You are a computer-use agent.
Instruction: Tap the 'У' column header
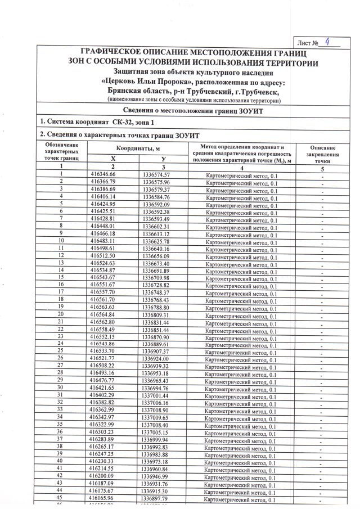[x=163, y=159]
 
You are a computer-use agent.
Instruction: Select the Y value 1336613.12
[x=156, y=233]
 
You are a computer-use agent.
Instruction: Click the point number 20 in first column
[x=60, y=314]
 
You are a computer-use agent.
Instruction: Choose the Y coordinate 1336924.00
[x=156, y=358]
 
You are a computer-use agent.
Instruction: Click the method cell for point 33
[x=241, y=411]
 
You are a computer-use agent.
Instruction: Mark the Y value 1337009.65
[x=156, y=417]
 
